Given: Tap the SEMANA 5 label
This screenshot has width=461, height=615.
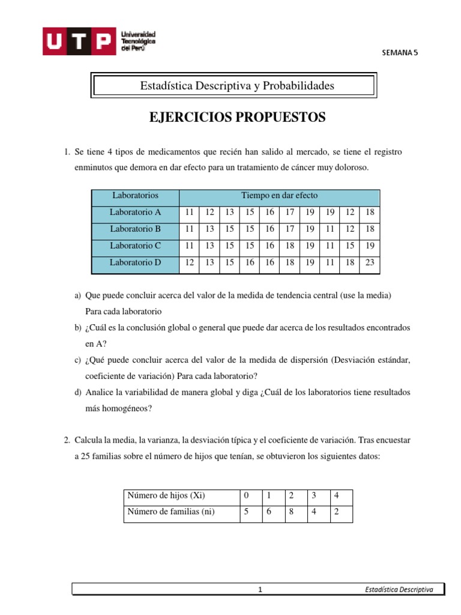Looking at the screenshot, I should [x=399, y=52].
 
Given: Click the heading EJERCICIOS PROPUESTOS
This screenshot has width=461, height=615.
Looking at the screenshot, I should [x=237, y=117].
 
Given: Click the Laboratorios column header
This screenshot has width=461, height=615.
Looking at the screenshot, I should [x=135, y=195].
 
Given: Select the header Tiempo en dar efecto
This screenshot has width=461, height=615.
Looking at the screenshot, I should [x=279, y=195].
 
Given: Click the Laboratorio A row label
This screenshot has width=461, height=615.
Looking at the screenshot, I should [x=135, y=212].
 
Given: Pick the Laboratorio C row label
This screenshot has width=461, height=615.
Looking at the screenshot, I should [x=135, y=246].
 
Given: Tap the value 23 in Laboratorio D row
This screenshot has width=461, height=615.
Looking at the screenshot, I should [x=370, y=262].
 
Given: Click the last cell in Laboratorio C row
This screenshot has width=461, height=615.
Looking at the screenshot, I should [x=370, y=246].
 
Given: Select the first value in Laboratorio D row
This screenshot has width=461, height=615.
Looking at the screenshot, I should [x=190, y=262].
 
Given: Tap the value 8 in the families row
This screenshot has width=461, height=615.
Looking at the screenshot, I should [x=291, y=512].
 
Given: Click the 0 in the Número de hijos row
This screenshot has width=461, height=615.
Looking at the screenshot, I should [x=246, y=495].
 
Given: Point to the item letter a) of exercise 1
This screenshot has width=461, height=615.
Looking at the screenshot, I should [x=78, y=296].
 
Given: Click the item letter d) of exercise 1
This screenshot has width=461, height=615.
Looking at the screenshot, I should [x=78, y=392].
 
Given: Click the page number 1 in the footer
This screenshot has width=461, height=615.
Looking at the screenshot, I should [x=261, y=590].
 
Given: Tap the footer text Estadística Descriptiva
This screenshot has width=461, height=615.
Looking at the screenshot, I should [x=399, y=590].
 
